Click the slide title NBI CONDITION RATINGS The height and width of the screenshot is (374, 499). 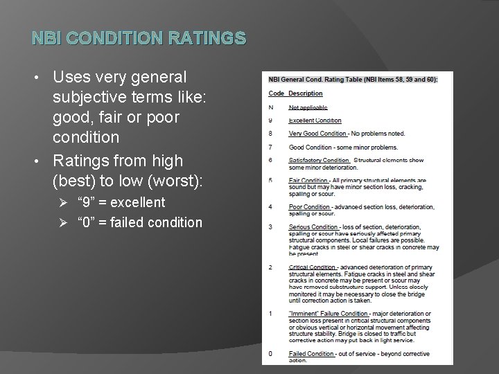tap(139, 37)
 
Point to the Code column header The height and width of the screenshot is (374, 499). tap(276, 93)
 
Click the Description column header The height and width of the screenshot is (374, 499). tap(306, 93)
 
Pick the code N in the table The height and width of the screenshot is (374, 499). tap(271, 107)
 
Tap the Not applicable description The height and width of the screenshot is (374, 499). tap(308, 107)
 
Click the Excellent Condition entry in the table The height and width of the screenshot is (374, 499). tap(315, 121)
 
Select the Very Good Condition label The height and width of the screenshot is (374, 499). tap(317, 134)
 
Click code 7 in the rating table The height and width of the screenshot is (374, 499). tap(271, 147)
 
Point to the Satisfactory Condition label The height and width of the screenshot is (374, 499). tap(319, 160)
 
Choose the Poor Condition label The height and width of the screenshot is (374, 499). tap(309, 206)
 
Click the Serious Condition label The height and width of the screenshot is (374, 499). tap(313, 226)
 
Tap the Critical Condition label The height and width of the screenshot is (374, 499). tap(313, 267)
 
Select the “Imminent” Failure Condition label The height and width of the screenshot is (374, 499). tap(329, 314)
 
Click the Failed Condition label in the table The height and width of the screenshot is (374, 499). tap(311, 354)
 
